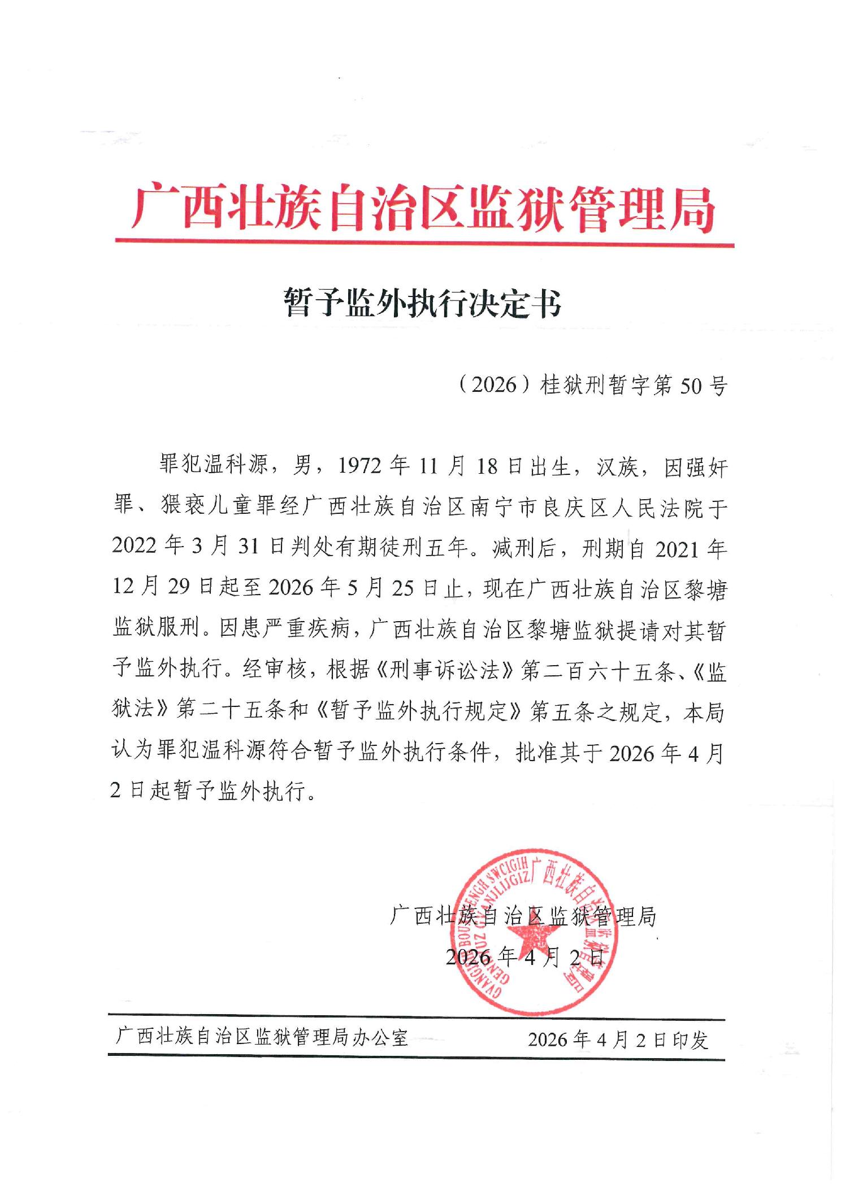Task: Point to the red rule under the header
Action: pos(424,244)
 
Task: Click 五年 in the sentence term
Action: pos(447,548)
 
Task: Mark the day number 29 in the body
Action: pos(179,588)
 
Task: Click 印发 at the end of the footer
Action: pos(691,1039)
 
